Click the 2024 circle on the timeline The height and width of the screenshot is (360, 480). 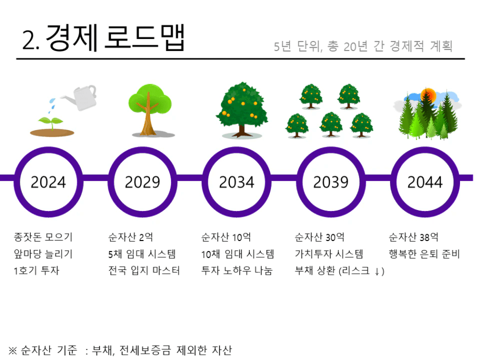pyautogui.click(x=48, y=149)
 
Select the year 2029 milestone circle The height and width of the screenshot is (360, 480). pyautogui.click(x=143, y=149)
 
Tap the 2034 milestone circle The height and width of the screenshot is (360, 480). pyautogui.click(x=237, y=149)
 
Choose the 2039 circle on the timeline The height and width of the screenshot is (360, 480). pyautogui.click(x=331, y=149)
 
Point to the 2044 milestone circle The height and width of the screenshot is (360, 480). pyautogui.click(x=425, y=149)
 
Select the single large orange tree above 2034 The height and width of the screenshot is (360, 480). pyautogui.click(x=242, y=109)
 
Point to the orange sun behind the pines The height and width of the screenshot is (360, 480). pyautogui.click(x=428, y=95)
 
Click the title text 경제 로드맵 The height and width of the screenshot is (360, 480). pyautogui.click(x=115, y=37)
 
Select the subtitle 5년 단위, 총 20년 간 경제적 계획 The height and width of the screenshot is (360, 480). pyautogui.click(x=363, y=46)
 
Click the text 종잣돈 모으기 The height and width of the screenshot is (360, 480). pyautogui.click(x=43, y=237)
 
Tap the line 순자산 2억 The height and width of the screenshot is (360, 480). pyautogui.click(x=131, y=237)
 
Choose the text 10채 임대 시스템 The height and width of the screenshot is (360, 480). pyautogui.click(x=237, y=254)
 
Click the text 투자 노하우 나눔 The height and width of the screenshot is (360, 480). pyautogui.click(x=237, y=271)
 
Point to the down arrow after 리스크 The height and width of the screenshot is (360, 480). pyautogui.click(x=377, y=271)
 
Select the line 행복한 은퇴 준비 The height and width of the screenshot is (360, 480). pyautogui.click(x=424, y=254)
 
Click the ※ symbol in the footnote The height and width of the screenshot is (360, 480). pyautogui.click(x=13, y=351)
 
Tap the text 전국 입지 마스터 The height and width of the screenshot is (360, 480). pyautogui.click(x=144, y=271)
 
